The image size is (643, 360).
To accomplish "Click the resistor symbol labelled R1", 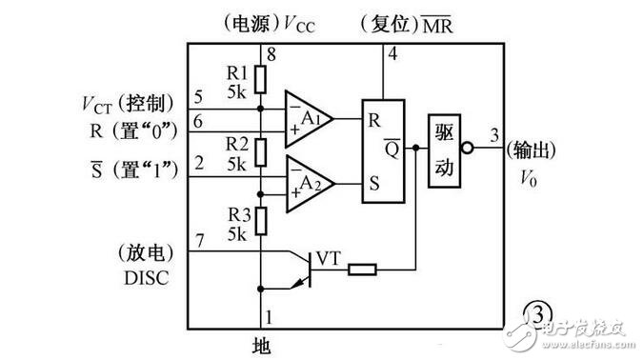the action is click(x=260, y=79).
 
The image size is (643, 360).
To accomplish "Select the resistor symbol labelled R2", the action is click(x=260, y=152).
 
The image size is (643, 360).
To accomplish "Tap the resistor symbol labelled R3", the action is click(x=261, y=221).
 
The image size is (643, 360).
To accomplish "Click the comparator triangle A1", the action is click(x=309, y=119).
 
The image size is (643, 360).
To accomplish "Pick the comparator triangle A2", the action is click(x=310, y=184).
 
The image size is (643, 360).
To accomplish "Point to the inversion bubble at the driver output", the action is click(x=467, y=148).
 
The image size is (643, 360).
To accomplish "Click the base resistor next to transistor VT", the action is click(x=362, y=270).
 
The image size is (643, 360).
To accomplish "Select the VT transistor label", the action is click(x=329, y=259).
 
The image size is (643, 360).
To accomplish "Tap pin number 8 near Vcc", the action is click(x=271, y=54).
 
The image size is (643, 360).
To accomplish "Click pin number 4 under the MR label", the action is click(x=392, y=53).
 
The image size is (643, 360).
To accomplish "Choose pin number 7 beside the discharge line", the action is click(x=200, y=241).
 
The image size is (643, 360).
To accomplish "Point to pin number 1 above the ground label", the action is click(x=269, y=317).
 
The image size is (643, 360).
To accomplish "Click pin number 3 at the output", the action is click(x=494, y=135).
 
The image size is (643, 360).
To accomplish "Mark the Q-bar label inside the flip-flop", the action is click(x=392, y=149).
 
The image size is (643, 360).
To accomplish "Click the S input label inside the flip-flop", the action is click(x=374, y=183).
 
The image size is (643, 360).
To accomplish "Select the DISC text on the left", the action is click(x=147, y=278).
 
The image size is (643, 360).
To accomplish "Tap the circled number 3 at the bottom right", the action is click(x=537, y=315).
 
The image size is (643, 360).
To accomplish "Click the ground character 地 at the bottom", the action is click(x=261, y=346).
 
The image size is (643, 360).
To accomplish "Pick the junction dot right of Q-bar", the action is click(x=416, y=148).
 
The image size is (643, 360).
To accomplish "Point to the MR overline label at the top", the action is click(x=437, y=25).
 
